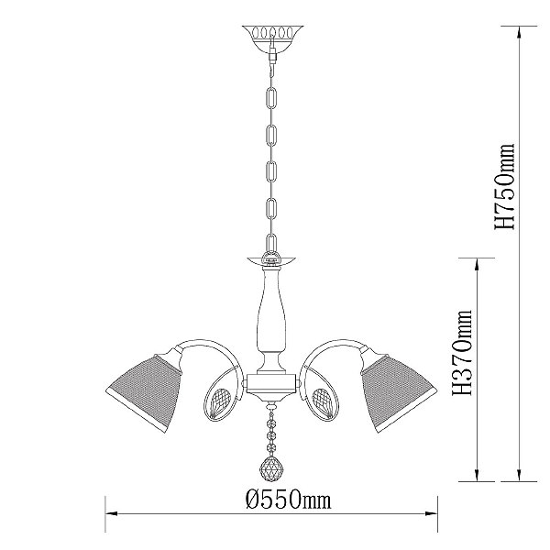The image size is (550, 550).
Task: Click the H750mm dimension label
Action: [x=504, y=186]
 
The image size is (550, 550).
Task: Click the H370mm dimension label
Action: [x=462, y=353]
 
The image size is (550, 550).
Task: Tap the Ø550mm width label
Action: [x=288, y=500]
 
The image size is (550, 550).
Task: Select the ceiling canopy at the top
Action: [x=272, y=38]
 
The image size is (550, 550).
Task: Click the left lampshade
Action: [x=144, y=392]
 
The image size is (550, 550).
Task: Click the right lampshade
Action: [x=400, y=392]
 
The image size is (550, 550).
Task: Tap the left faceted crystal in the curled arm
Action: [x=220, y=402]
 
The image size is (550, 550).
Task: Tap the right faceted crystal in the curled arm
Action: [x=323, y=402]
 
